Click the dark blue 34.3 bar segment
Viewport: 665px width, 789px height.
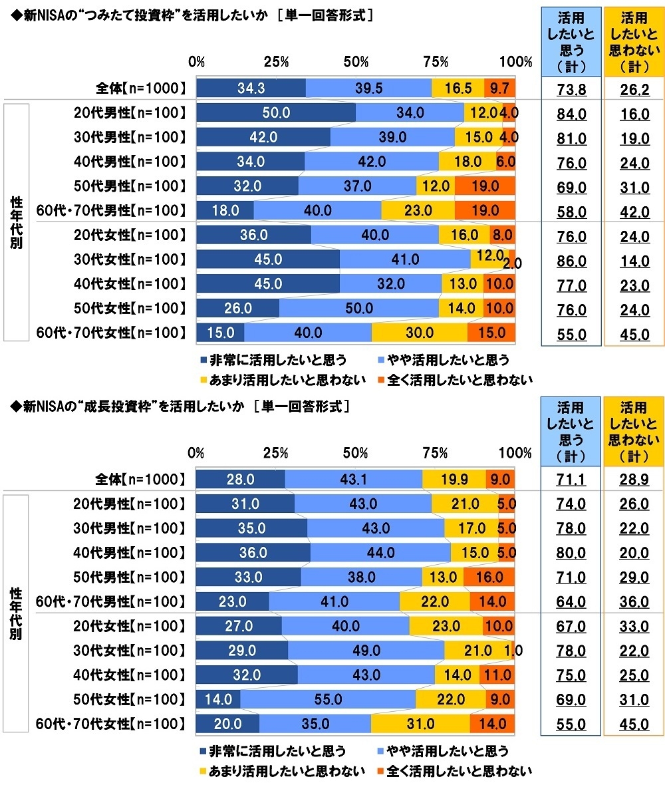pos(251,88)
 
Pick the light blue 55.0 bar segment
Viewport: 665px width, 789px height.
pos(329,699)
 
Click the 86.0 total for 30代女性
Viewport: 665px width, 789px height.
pos(571,262)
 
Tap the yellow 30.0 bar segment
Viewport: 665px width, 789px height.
pos(419,333)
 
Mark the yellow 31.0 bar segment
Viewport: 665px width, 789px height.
pos(420,724)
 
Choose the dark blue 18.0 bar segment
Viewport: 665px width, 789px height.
pos(225,210)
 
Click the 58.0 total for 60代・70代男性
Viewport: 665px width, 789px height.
pos(571,213)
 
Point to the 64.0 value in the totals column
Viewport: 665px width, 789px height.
pos(571,602)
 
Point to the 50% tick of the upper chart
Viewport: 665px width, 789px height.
pos(356,63)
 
